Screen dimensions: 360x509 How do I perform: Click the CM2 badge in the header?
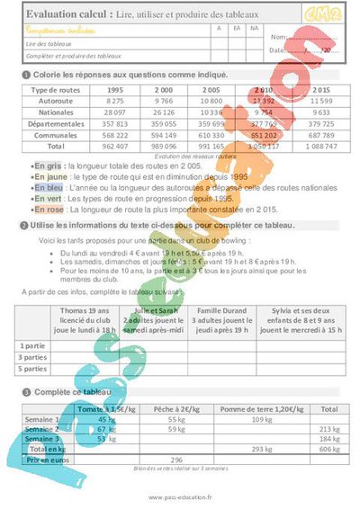(323, 15)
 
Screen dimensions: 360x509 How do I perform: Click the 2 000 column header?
(163, 90)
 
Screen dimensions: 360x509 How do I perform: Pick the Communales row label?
(56, 135)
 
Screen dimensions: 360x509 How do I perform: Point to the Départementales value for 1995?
(114, 123)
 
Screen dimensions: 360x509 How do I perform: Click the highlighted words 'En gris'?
(47, 167)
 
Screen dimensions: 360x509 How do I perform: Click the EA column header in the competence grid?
(236, 28)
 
